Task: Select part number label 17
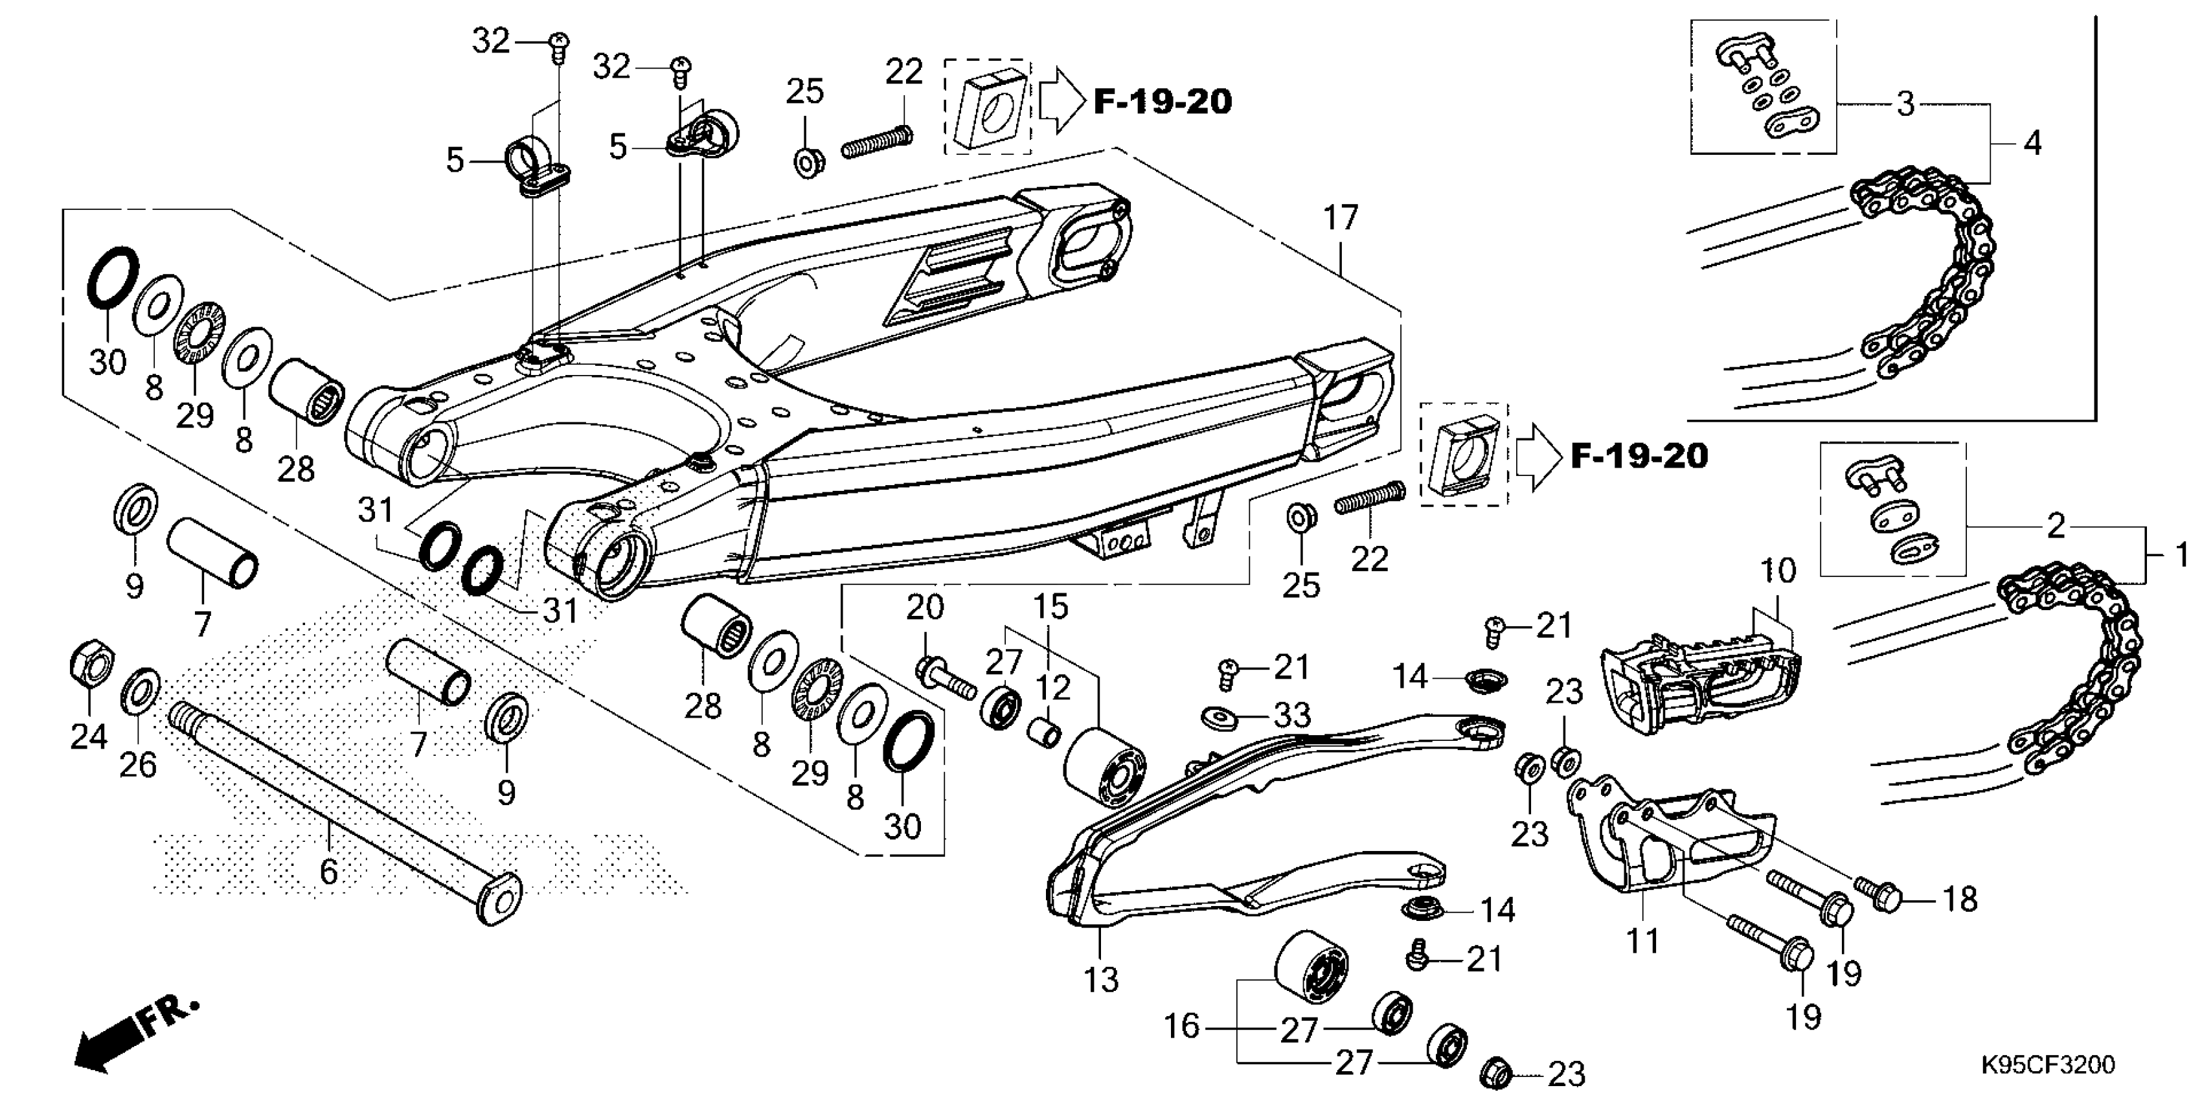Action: [1341, 219]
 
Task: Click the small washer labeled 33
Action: [1216, 714]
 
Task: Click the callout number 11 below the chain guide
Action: [1641, 941]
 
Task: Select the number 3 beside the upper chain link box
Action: [1905, 104]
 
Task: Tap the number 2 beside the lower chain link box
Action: [2056, 526]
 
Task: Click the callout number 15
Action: [1050, 607]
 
